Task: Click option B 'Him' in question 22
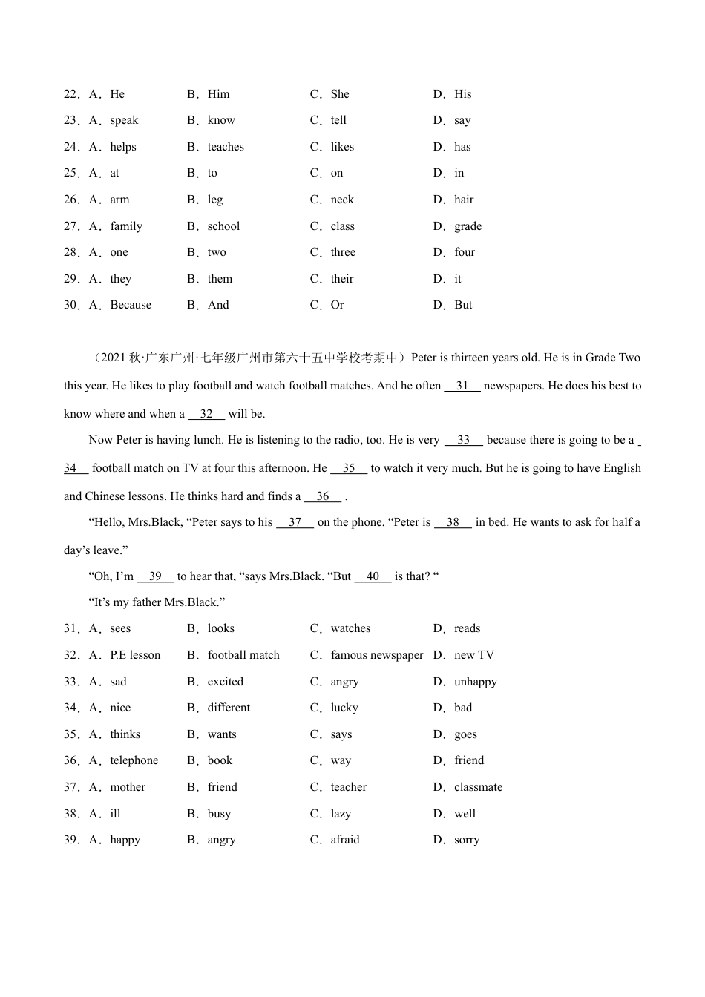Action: pyautogui.click(x=218, y=94)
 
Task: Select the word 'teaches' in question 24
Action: pyautogui.click(x=226, y=147)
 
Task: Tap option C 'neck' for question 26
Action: pyautogui.click(x=342, y=200)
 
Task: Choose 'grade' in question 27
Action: pyautogui.click(x=468, y=226)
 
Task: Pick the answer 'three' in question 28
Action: pyautogui.click(x=343, y=252)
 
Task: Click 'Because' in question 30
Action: pyautogui.click(x=131, y=305)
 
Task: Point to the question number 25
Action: pyautogui.click(x=71, y=173)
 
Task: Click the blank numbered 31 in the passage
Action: pyautogui.click(x=462, y=386)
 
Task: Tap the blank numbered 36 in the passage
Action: pyautogui.click(x=323, y=496)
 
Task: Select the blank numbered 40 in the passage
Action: pyautogui.click(x=373, y=576)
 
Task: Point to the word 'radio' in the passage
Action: pyautogui.click(x=347, y=440)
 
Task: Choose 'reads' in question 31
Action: pyautogui.click(x=467, y=628)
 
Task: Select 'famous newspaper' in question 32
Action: pyautogui.click(x=377, y=655)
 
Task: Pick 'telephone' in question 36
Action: pyautogui.click(x=134, y=760)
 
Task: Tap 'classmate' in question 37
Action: pyautogui.click(x=478, y=787)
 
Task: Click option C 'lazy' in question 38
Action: pyautogui.click(x=341, y=814)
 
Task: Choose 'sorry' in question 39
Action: pyautogui.click(x=467, y=840)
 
